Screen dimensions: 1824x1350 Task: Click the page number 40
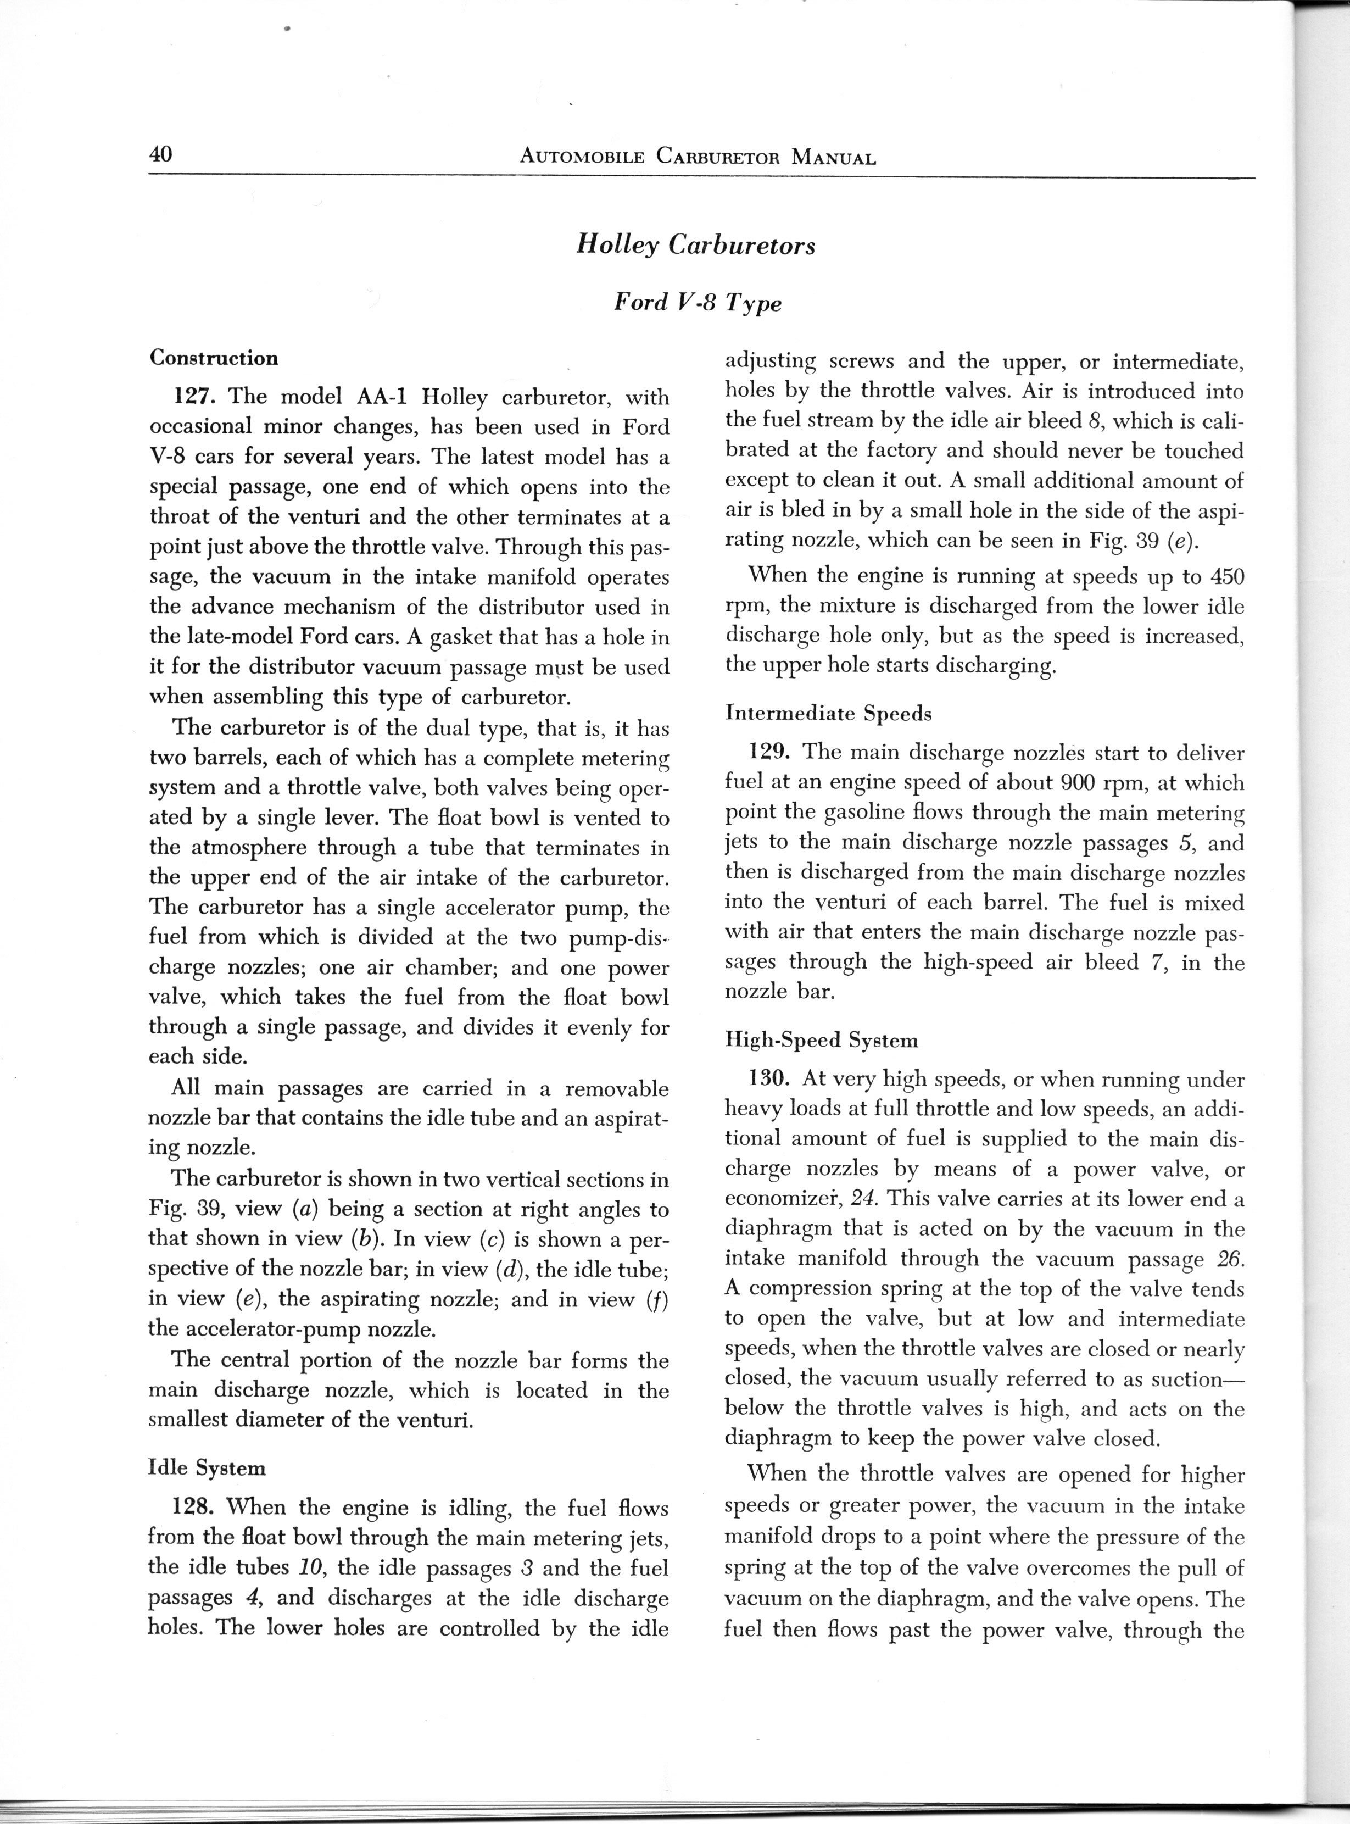point(161,154)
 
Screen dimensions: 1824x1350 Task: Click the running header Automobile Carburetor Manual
point(697,158)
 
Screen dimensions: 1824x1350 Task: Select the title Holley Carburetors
point(695,245)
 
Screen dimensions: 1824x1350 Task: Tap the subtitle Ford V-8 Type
point(697,303)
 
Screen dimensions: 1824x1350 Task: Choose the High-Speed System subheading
point(821,1041)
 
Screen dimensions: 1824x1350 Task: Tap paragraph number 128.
point(196,1507)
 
